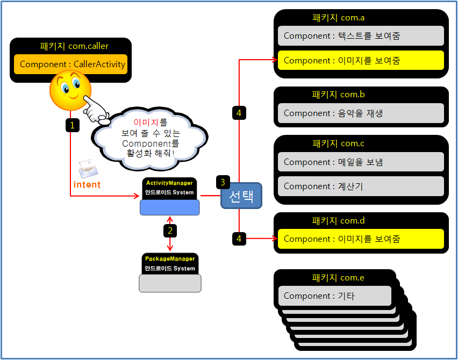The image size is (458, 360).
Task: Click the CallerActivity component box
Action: [x=73, y=64]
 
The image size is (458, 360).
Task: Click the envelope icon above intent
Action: [x=88, y=169]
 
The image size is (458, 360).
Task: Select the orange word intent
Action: [x=87, y=185]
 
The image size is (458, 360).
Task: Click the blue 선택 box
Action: [x=241, y=196]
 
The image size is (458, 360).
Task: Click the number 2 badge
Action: [x=170, y=231]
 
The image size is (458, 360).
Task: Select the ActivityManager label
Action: [x=169, y=183]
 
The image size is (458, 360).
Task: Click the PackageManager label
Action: [x=170, y=258]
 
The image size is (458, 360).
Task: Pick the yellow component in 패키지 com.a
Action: [x=361, y=61]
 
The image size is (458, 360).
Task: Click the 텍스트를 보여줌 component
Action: [x=361, y=36]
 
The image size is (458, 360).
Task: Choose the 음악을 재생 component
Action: [x=361, y=113]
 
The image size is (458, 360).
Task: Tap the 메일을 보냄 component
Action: [x=361, y=162]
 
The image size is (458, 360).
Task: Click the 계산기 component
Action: [x=361, y=186]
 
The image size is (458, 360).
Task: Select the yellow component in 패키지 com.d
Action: [x=361, y=239]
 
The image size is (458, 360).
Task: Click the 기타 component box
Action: [x=334, y=296]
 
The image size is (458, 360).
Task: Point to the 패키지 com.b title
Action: [x=338, y=95]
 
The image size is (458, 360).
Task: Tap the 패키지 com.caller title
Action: [x=70, y=46]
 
